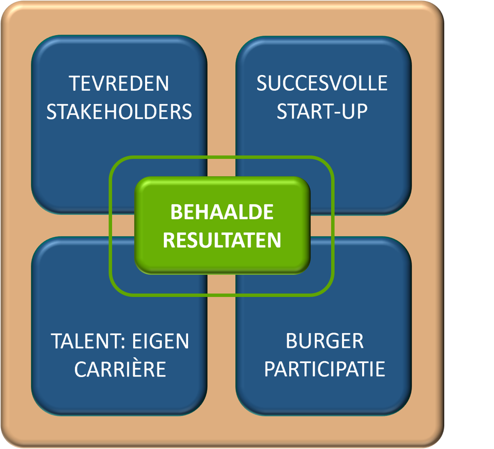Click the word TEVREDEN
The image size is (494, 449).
coord(119,83)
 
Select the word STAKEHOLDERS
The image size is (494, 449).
coord(119,112)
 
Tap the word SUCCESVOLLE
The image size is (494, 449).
coord(322,83)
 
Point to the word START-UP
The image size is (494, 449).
coord(322,112)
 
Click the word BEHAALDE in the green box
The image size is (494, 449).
coord(222,212)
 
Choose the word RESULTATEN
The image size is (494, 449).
coord(222,241)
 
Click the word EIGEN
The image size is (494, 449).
coord(162,341)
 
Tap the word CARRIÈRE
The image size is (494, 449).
coord(120,370)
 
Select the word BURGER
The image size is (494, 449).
coord(324,341)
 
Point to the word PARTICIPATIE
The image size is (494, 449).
coord(324,370)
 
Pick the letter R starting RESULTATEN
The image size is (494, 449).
coord(169,241)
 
